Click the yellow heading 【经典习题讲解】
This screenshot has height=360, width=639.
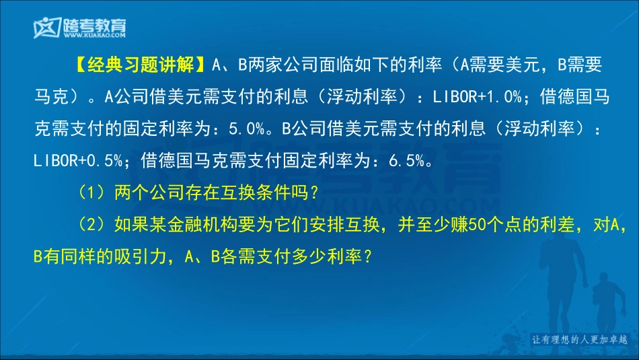(x=140, y=65)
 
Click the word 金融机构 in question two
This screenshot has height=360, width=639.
(x=192, y=225)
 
